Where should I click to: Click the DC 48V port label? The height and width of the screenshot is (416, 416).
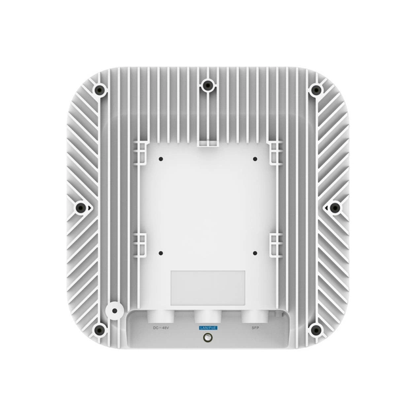tap(161, 327)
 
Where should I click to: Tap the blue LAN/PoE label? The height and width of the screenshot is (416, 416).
tap(207, 327)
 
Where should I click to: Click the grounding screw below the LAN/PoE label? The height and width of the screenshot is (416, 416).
tap(208, 338)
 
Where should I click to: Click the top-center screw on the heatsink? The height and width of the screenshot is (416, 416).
tap(208, 84)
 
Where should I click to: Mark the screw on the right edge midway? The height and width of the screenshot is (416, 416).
tap(335, 207)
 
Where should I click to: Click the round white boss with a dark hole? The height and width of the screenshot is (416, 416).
tap(114, 308)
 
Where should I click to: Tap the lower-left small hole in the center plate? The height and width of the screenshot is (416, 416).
tap(161, 252)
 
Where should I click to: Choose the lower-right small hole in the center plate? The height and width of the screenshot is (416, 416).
tap(254, 252)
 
